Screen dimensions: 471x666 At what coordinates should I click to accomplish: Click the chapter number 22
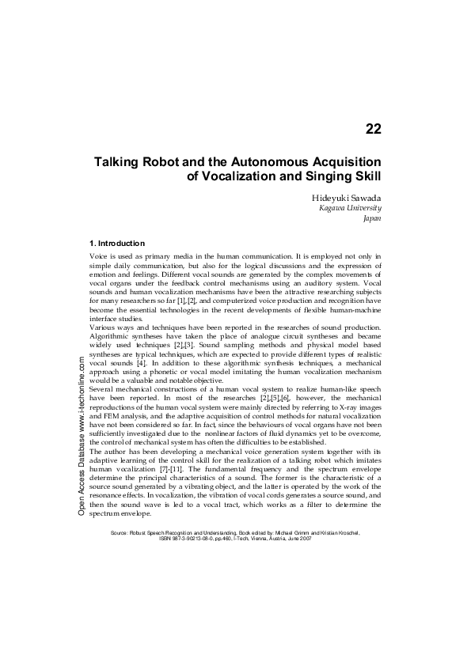click(374, 129)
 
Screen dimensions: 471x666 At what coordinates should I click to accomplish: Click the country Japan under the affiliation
click(372, 218)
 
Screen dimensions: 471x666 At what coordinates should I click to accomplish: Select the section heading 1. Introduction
click(117, 243)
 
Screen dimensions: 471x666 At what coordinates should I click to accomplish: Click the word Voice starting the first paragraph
click(101, 258)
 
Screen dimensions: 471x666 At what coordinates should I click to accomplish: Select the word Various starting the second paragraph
click(104, 327)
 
